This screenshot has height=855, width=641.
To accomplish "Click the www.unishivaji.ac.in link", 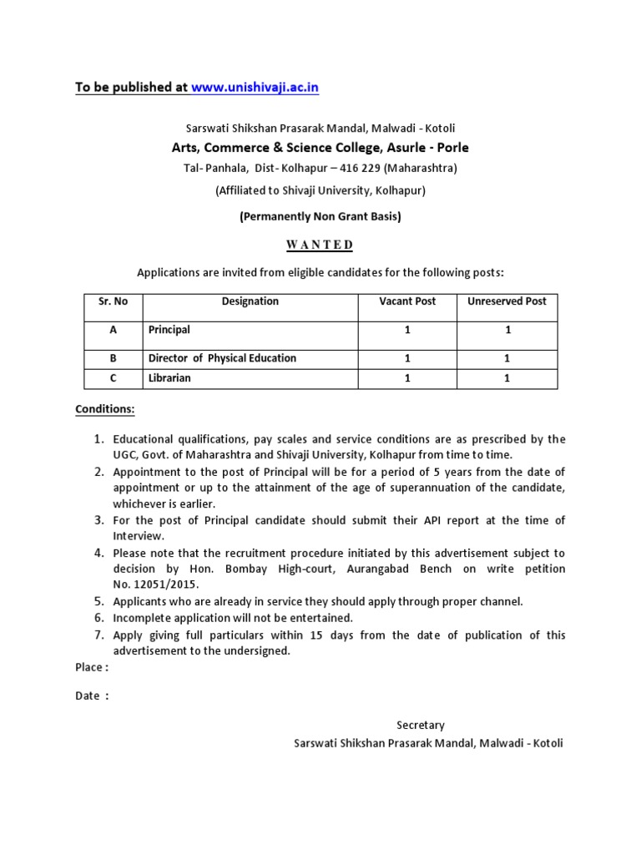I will pyautogui.click(x=255, y=87).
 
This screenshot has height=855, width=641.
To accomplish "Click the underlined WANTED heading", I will pyautogui.click(x=320, y=245).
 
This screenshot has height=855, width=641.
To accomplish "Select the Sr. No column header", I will pyautogui.click(x=113, y=301).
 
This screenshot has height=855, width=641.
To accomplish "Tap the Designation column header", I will pyautogui.click(x=250, y=301).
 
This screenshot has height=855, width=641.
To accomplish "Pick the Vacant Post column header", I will pyautogui.click(x=407, y=301).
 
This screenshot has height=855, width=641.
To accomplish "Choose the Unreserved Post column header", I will pyautogui.click(x=507, y=301).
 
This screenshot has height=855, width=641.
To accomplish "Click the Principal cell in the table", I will pyautogui.click(x=169, y=330).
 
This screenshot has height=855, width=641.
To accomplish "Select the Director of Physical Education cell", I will pyautogui.click(x=222, y=358).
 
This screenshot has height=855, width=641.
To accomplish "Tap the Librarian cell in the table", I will pyautogui.click(x=169, y=378).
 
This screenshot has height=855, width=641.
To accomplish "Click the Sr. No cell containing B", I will pyautogui.click(x=113, y=358).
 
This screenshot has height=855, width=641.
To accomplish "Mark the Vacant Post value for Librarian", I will pyautogui.click(x=407, y=378).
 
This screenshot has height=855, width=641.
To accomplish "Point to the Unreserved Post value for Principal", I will pyautogui.click(x=507, y=330).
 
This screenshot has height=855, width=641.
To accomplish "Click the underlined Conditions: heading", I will pyautogui.click(x=105, y=409).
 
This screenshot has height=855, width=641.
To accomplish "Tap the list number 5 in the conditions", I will pyautogui.click(x=98, y=601).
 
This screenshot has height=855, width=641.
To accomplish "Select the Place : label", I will pyautogui.click(x=92, y=667).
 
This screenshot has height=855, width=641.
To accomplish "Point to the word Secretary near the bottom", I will pyautogui.click(x=421, y=725).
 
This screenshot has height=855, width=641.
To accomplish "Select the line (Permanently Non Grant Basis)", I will pyautogui.click(x=320, y=216).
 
